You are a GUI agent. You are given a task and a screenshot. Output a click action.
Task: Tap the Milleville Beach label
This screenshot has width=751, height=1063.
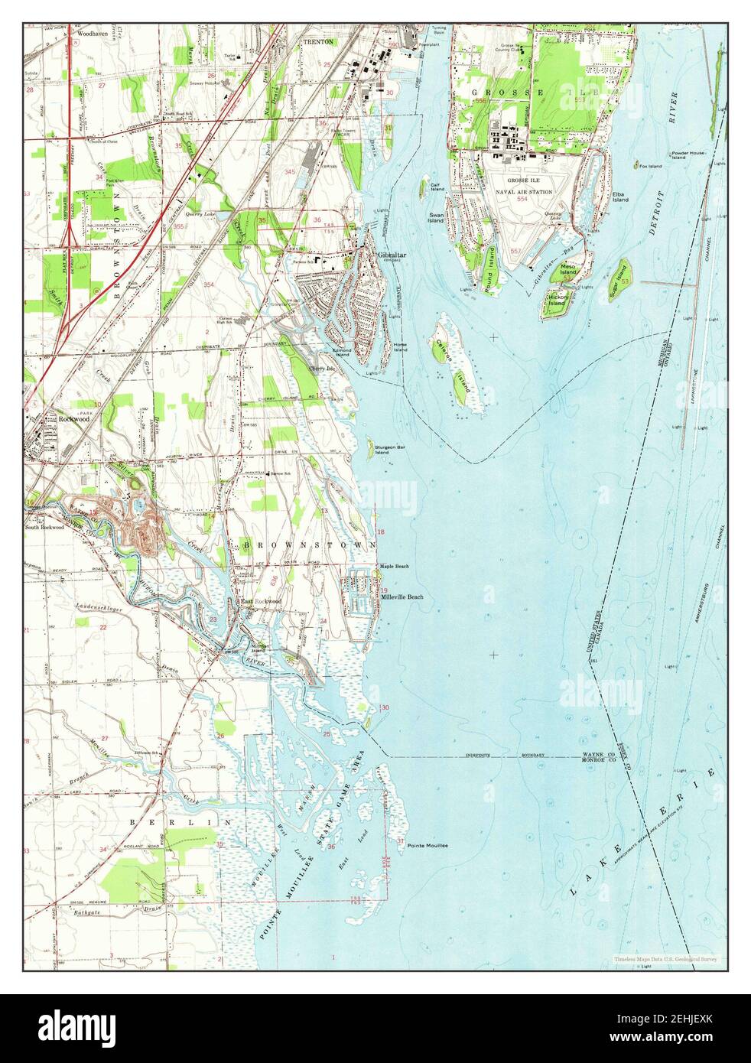(x=402, y=597)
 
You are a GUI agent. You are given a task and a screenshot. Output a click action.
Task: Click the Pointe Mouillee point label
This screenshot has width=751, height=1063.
(x=428, y=845)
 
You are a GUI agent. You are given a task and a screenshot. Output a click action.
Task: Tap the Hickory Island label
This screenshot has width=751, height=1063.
(x=556, y=300)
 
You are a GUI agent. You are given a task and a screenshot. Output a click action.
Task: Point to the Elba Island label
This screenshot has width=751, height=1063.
(x=619, y=197)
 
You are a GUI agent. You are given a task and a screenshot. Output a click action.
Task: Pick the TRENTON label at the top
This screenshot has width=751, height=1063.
(x=318, y=42)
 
